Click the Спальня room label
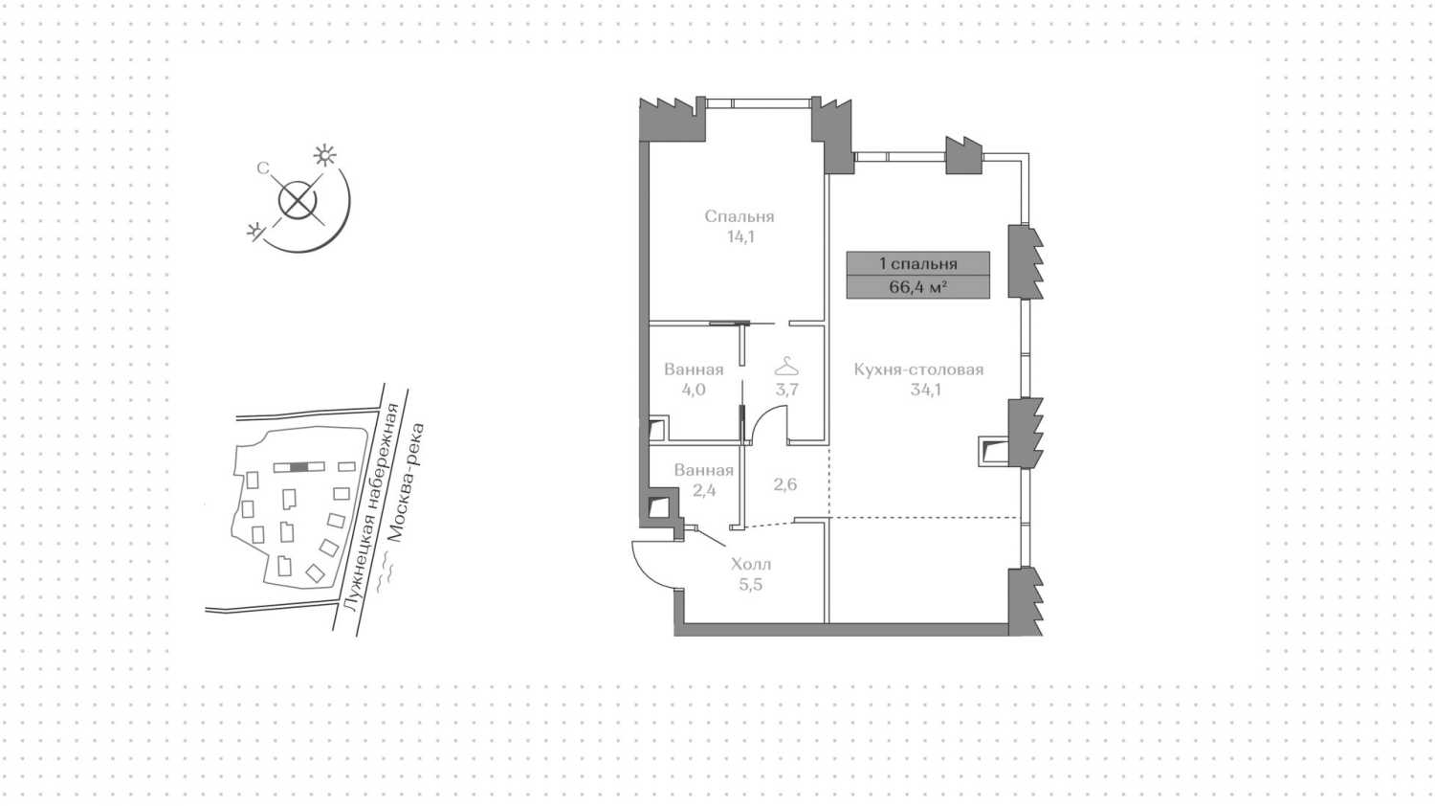pyautogui.click(x=739, y=216)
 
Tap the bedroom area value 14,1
pyautogui.click(x=740, y=236)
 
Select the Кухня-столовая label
pyautogui.click(x=918, y=369)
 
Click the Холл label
pyautogui.click(x=750, y=564)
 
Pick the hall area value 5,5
pyautogui.click(x=750, y=584)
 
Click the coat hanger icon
pyautogui.click(x=786, y=367)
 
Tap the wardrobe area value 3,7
pyautogui.click(x=786, y=389)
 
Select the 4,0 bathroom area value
pyautogui.click(x=694, y=389)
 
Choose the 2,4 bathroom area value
pyautogui.click(x=704, y=490)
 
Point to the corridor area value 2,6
pyautogui.click(x=784, y=484)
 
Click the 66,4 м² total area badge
pyautogui.click(x=917, y=286)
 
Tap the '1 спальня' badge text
pyautogui.click(x=917, y=263)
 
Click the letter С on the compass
pyautogui.click(x=262, y=168)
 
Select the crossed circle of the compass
pyautogui.click(x=297, y=201)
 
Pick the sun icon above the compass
pyautogui.click(x=325, y=155)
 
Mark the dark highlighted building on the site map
pyautogui.click(x=299, y=467)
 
